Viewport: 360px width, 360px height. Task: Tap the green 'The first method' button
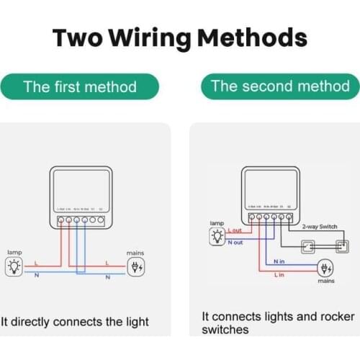click(x=80, y=87)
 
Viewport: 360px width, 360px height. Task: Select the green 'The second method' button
click(x=280, y=86)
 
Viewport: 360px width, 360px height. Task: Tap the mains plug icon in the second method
click(x=325, y=269)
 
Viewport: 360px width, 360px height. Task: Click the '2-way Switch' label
click(x=319, y=227)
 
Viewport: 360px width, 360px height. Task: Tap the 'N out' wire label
click(x=235, y=243)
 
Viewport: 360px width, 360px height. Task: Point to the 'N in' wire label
click(x=279, y=262)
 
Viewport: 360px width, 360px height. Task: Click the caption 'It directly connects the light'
click(x=75, y=321)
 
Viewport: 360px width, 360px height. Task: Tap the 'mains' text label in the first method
click(x=135, y=253)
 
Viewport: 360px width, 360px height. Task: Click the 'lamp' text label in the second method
click(x=217, y=224)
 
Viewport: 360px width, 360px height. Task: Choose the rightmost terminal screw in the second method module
click(x=289, y=216)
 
